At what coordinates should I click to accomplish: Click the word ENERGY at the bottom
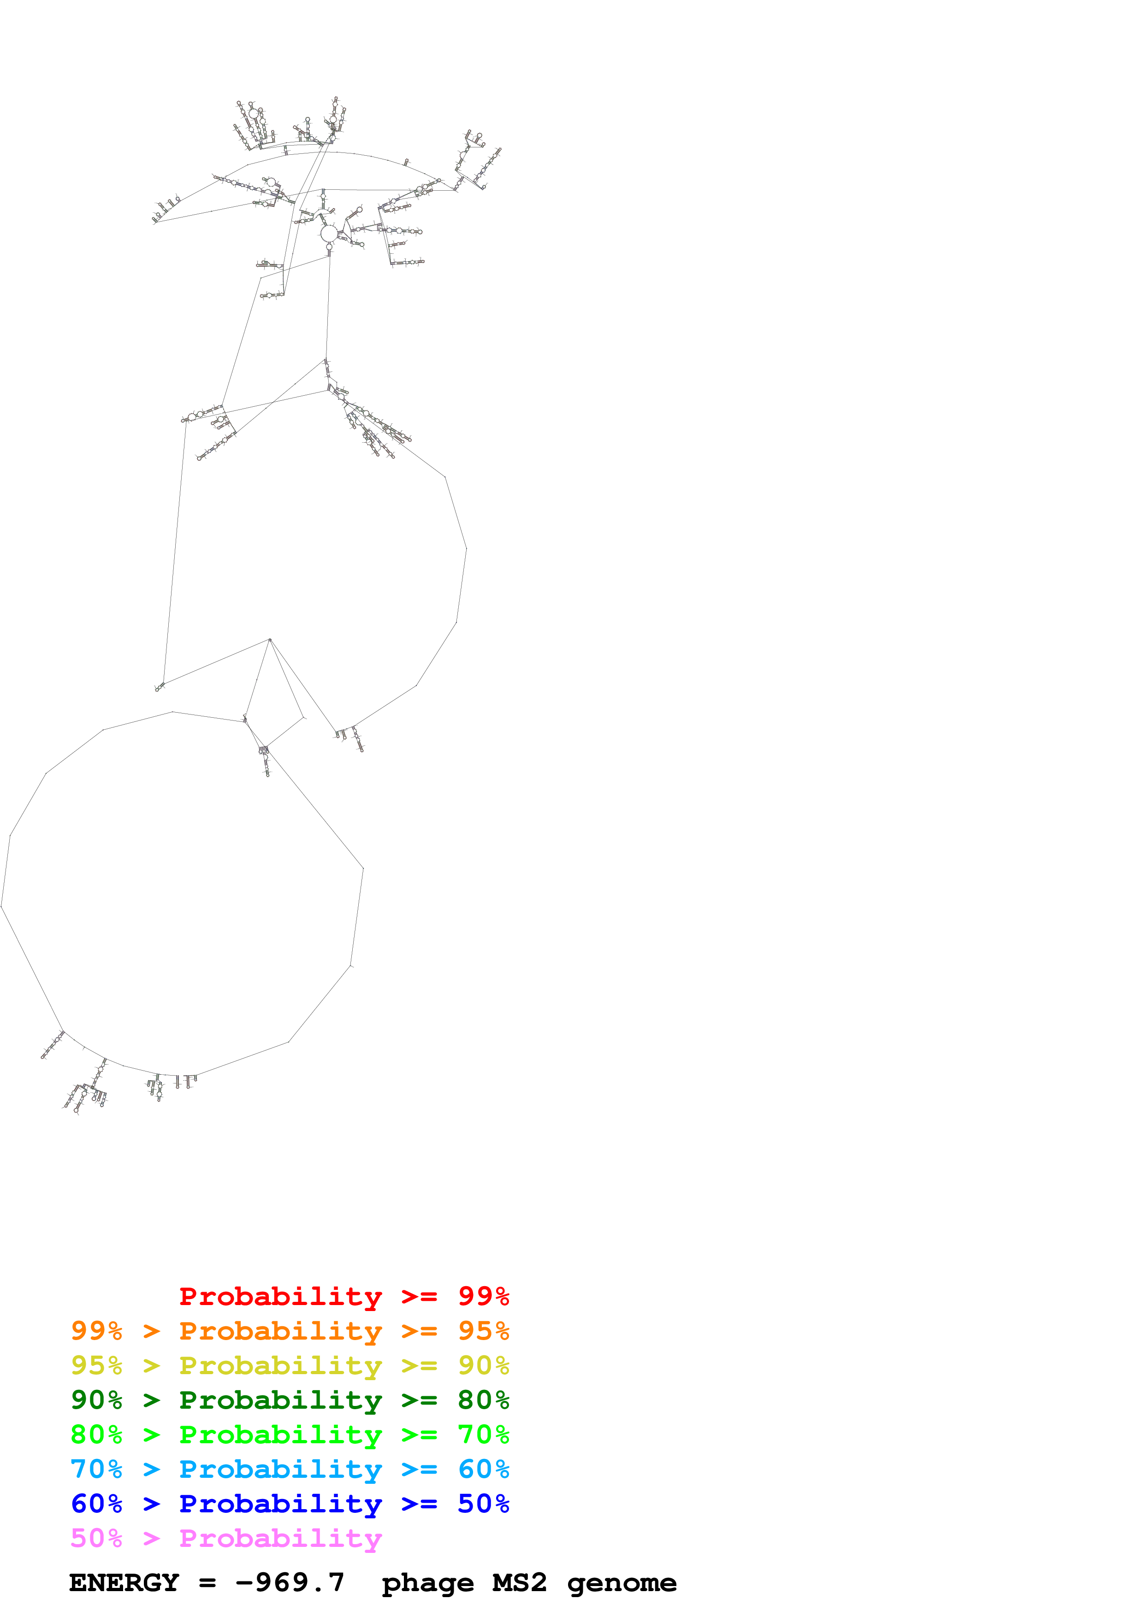pyautogui.click(x=124, y=1583)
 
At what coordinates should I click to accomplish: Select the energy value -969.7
pyautogui.click(x=290, y=1583)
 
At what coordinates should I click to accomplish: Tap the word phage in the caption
pyautogui.click(x=427, y=1583)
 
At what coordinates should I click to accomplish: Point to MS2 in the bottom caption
pyautogui.click(x=520, y=1583)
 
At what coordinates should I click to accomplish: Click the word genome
pyautogui.click(x=622, y=1583)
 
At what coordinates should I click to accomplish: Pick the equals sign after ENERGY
pyautogui.click(x=207, y=1583)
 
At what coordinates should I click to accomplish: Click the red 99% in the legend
pyautogui.click(x=483, y=1296)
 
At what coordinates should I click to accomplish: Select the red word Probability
pyautogui.click(x=280, y=1296)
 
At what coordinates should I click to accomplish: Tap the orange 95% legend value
pyautogui.click(x=483, y=1331)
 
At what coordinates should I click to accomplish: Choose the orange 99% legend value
pyautogui.click(x=96, y=1331)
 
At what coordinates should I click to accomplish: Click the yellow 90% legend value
pyautogui.click(x=483, y=1365)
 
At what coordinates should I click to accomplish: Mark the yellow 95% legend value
pyautogui.click(x=96, y=1365)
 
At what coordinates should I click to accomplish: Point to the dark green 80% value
pyautogui.click(x=483, y=1400)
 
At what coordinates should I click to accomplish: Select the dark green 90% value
pyautogui.click(x=96, y=1400)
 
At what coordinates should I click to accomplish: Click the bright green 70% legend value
pyautogui.click(x=483, y=1434)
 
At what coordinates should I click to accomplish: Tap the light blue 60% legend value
pyautogui.click(x=483, y=1469)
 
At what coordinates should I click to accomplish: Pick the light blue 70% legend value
pyautogui.click(x=96, y=1469)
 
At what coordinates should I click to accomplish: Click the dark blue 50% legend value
pyautogui.click(x=483, y=1504)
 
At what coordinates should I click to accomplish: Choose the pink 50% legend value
pyautogui.click(x=96, y=1538)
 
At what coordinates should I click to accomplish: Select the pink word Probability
pyautogui.click(x=280, y=1538)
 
